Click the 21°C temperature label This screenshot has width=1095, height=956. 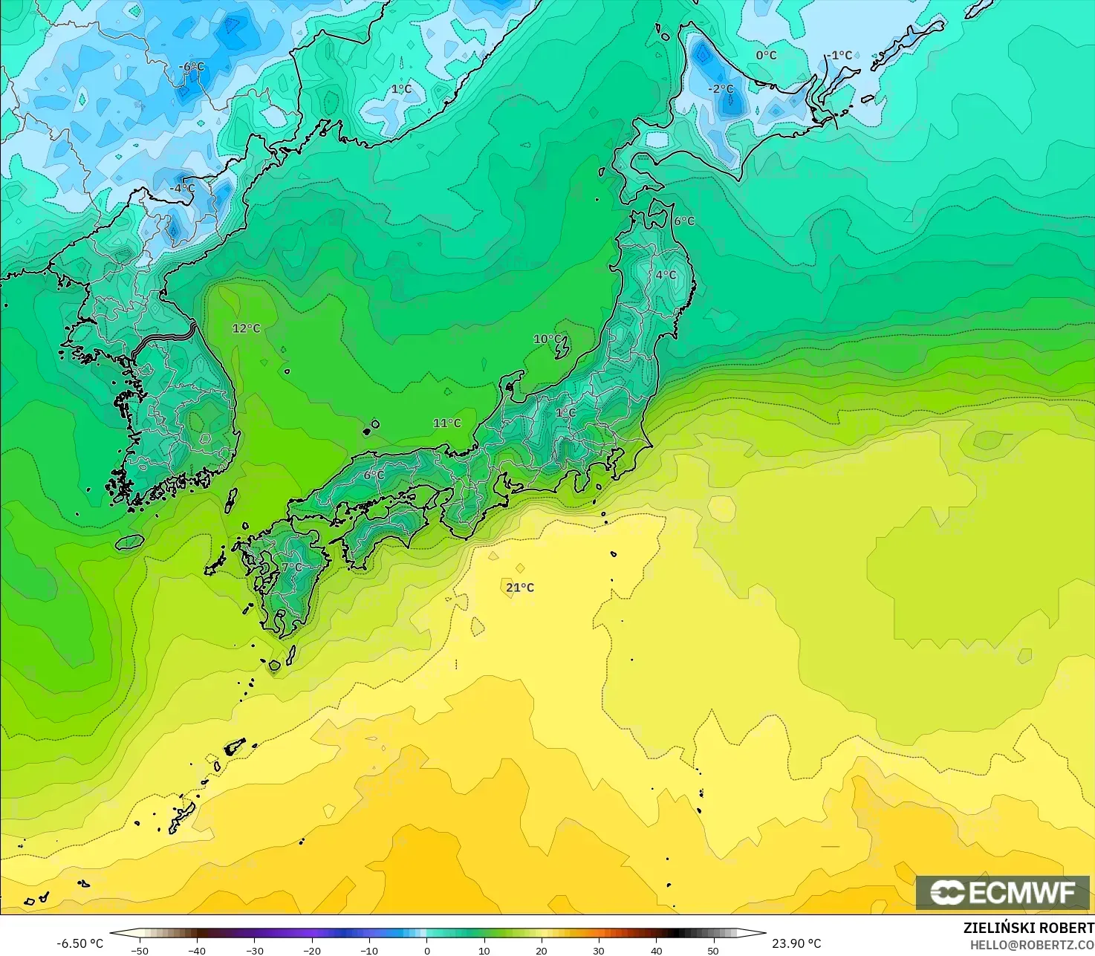(x=520, y=588)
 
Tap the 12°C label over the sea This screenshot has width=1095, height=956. (x=247, y=328)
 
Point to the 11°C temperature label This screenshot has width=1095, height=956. (x=447, y=423)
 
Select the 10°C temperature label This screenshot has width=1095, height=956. (x=547, y=339)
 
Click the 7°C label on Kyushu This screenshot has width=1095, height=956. (x=292, y=568)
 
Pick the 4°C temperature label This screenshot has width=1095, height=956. (x=666, y=275)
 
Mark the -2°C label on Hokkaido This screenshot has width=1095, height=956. (x=720, y=89)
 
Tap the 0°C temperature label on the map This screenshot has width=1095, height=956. (x=766, y=55)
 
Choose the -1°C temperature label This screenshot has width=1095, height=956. (x=839, y=55)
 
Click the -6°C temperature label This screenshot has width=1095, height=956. (x=191, y=67)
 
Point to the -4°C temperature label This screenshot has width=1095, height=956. (x=182, y=189)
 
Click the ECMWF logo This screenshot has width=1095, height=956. (x=1002, y=892)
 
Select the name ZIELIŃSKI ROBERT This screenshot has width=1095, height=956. (x=1028, y=928)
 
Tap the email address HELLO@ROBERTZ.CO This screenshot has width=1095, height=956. (x=1032, y=944)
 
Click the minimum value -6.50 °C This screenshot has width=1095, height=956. (x=80, y=943)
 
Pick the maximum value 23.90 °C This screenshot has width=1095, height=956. (x=796, y=943)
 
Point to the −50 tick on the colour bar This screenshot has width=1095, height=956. (x=139, y=950)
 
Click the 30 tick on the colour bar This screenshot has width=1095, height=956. (x=599, y=950)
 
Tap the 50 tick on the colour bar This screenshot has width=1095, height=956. (x=713, y=950)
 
